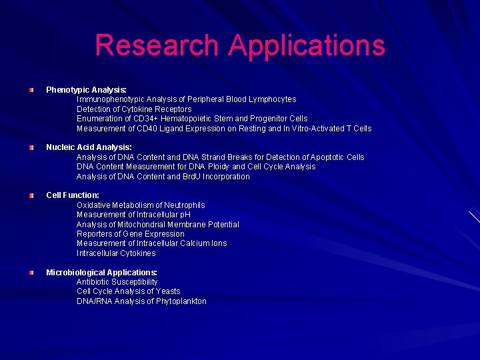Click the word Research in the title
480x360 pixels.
coord(157,45)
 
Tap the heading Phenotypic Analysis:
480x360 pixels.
coord(86,89)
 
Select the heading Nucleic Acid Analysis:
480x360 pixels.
coord(89,147)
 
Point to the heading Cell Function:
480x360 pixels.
coord(73,195)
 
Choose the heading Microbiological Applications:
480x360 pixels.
coord(101,272)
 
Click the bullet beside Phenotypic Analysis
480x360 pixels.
coord(31,89)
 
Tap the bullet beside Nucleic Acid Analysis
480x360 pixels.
coord(31,147)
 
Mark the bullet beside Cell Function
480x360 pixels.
coord(31,195)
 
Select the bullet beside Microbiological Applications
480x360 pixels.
coord(31,272)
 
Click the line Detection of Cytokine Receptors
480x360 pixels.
coord(134,109)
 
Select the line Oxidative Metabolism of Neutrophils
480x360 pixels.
coord(141,205)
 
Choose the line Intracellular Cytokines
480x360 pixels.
coord(116,253)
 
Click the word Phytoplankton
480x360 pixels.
coord(181,301)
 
